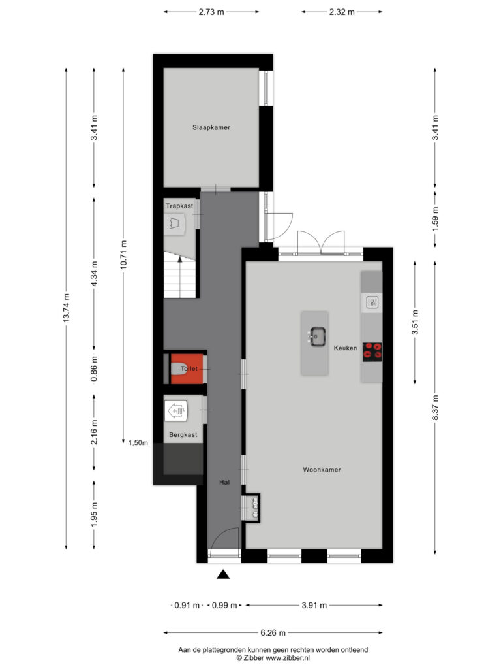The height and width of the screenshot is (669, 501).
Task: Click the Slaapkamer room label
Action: click(x=211, y=127)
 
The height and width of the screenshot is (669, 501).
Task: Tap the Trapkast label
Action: click(x=179, y=206)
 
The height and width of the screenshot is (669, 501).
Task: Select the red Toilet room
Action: click(x=187, y=368)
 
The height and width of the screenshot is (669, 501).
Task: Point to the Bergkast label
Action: click(x=183, y=434)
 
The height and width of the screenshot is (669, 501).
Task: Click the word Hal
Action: click(x=224, y=482)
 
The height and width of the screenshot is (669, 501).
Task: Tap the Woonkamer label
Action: click(x=322, y=470)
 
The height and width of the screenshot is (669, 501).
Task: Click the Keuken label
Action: click(x=346, y=348)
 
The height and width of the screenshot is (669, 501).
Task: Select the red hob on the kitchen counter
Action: click(x=372, y=352)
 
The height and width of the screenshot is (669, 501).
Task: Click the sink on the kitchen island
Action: click(x=318, y=336)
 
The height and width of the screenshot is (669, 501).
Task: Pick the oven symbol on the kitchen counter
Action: click(x=372, y=302)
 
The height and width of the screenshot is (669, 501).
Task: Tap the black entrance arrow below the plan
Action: click(x=223, y=574)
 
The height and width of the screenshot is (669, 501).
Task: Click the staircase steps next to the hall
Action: click(x=180, y=275)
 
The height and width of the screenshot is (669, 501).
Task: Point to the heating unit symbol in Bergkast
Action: click(x=176, y=411)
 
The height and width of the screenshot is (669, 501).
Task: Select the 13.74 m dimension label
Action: click(x=66, y=308)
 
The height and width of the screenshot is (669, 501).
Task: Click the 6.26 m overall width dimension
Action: click(x=273, y=632)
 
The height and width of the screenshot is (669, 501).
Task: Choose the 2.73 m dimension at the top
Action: click(x=211, y=12)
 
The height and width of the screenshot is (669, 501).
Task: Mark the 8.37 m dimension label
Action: click(x=435, y=408)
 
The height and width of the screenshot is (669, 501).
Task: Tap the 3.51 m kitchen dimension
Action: click(x=415, y=322)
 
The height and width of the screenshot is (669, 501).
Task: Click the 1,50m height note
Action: click(x=138, y=443)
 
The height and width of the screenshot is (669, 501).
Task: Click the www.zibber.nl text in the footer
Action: click(x=288, y=658)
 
